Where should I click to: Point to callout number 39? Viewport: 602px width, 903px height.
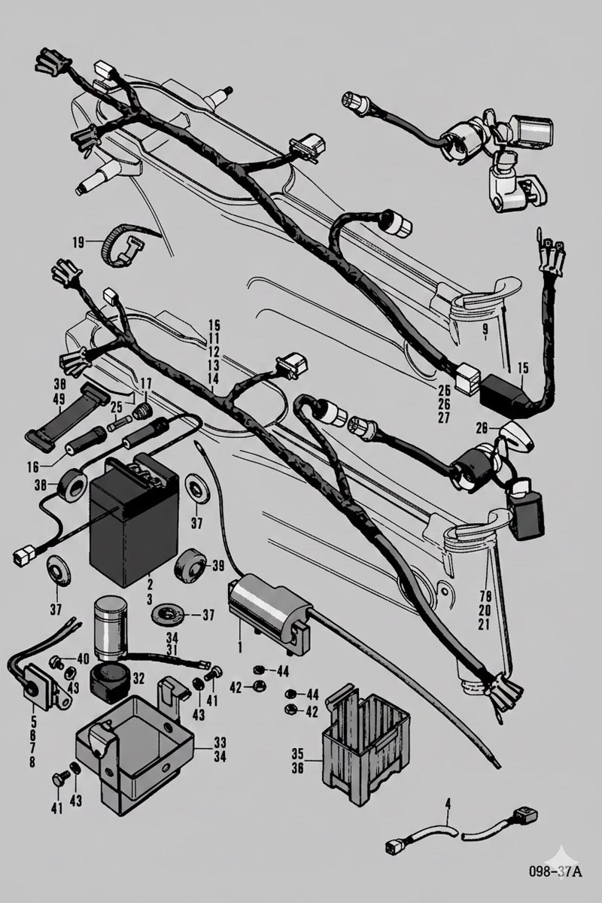tap(219, 566)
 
